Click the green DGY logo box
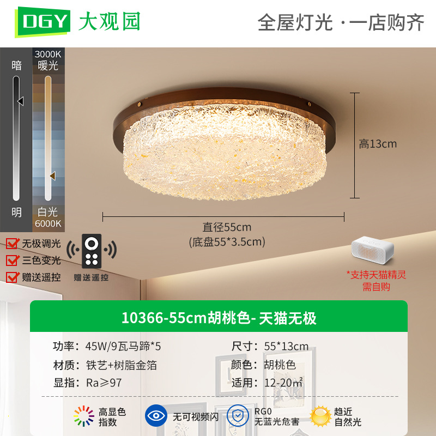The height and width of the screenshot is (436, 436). [43, 22]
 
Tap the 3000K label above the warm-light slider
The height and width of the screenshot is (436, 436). [48, 54]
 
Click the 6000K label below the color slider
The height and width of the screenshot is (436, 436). [48, 223]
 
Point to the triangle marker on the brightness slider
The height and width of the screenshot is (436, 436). [21, 101]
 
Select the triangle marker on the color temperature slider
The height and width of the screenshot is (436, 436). [52, 175]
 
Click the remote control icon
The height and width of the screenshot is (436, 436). [92, 251]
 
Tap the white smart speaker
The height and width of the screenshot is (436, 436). [372, 250]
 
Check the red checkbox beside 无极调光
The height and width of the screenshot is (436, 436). [13, 244]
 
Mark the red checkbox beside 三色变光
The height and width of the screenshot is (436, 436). [13, 261]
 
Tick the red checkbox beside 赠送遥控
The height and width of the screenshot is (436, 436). [13, 277]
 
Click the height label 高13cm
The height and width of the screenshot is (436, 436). [378, 144]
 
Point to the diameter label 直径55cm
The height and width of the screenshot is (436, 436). [227, 227]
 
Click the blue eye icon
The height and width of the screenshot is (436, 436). [156, 415]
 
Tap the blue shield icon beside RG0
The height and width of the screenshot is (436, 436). [238, 415]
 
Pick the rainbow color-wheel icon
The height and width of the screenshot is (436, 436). [84, 416]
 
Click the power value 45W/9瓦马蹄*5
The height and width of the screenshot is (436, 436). [123, 347]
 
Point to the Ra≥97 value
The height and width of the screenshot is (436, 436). [104, 383]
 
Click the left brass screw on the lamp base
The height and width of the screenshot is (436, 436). [140, 105]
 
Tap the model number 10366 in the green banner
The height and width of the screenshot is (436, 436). [142, 318]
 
